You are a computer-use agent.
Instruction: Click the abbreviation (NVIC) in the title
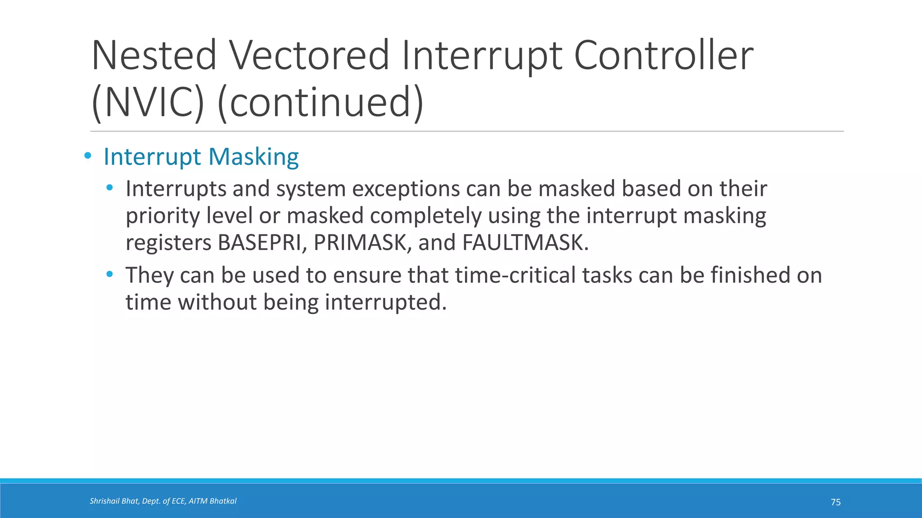[x=148, y=102]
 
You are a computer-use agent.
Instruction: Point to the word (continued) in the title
[x=321, y=102]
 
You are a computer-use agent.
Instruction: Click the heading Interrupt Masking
[x=201, y=157]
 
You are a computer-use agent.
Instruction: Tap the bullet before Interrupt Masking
[x=88, y=156]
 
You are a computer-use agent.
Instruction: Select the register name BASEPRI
[x=262, y=243]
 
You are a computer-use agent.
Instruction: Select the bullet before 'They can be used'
[x=109, y=274]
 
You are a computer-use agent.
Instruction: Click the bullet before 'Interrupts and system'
[x=109, y=188]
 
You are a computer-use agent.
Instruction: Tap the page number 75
[x=836, y=502]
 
